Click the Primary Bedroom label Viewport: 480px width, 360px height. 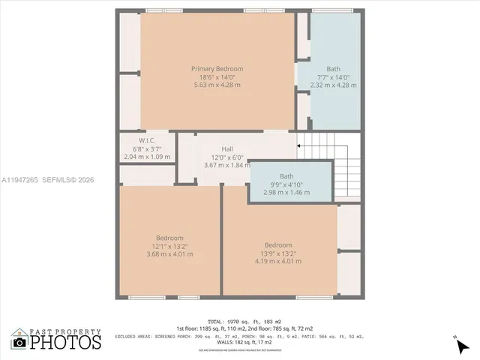pyautogui.click(x=217, y=68)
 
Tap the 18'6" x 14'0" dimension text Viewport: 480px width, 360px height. pyautogui.click(x=217, y=76)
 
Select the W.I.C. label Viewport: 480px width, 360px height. pyautogui.click(x=146, y=140)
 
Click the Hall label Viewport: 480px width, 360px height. pyautogui.click(x=226, y=148)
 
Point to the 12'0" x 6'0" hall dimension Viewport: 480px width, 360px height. pyautogui.click(x=226, y=157)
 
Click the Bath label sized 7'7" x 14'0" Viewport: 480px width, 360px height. pyautogui.click(x=333, y=68)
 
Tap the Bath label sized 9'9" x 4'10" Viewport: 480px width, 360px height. pyautogui.click(x=286, y=176)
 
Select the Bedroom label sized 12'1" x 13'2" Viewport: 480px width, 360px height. pyautogui.click(x=169, y=238)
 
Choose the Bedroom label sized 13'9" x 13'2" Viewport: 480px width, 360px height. pyautogui.click(x=277, y=245)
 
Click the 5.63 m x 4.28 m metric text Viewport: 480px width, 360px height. pyautogui.click(x=217, y=85)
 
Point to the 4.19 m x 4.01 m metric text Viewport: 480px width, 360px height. pyautogui.click(x=277, y=262)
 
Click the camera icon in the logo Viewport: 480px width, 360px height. pyautogui.click(x=19, y=343)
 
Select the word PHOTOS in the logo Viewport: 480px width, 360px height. pyautogui.click(x=65, y=343)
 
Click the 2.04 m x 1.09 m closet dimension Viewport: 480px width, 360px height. pyautogui.click(x=146, y=157)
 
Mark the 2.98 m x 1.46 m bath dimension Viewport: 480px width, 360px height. pyautogui.click(x=286, y=193)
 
